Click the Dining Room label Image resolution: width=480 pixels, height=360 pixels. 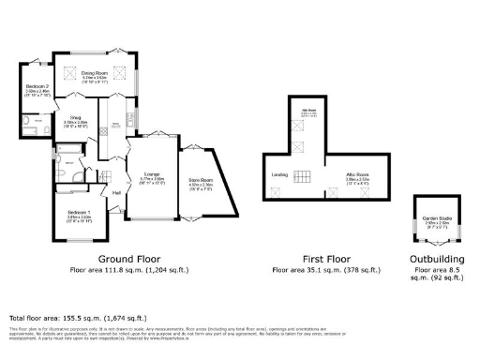[x=93, y=71]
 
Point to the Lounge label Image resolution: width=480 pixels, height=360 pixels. [x=152, y=173]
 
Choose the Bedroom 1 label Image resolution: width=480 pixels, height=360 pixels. [x=79, y=215]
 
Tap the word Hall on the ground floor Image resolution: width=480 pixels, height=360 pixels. [x=117, y=192]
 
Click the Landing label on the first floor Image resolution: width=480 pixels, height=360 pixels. [x=278, y=173]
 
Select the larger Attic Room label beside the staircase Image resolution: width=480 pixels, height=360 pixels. [x=355, y=174]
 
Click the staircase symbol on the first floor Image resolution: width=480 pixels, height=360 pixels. [x=307, y=175]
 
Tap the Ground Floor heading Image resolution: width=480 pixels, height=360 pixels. [x=129, y=258]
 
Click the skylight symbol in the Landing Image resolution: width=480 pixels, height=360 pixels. [x=277, y=191]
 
